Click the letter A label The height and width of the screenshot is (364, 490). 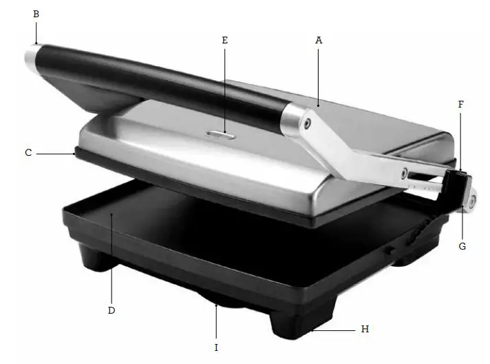coord(319,41)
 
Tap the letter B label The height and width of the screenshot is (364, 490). coord(36,13)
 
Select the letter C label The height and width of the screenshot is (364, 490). coord(28,152)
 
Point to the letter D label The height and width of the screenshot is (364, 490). coord(111,310)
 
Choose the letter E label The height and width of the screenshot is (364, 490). coord(224,41)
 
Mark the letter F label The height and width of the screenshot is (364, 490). coord(461,105)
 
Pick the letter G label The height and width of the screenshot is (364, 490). coord(462,245)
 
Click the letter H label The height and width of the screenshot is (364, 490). coord(365,330)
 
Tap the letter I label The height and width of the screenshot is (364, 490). coord(216,348)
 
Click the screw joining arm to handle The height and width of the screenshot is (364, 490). coord(306,123)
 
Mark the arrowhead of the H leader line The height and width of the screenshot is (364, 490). coord(311,330)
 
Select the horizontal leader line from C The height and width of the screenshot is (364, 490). coord(55,153)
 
